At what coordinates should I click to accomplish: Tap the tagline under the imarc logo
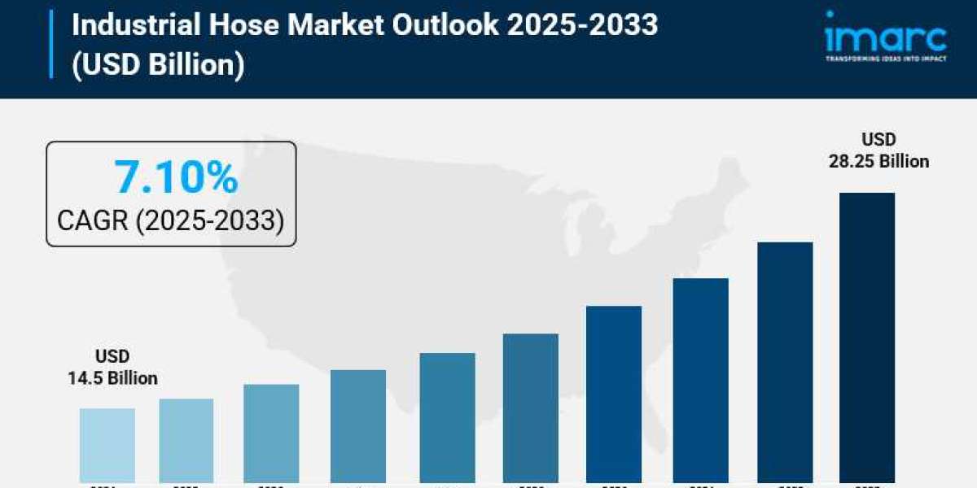point(886,59)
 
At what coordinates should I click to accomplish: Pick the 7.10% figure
point(176,177)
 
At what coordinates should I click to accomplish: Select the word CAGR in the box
point(93,220)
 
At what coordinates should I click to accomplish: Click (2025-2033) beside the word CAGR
point(210,220)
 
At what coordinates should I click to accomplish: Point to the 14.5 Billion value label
point(112,378)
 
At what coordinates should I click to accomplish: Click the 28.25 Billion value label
point(878,161)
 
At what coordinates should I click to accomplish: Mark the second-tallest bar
point(785,362)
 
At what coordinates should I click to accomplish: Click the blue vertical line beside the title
point(51,45)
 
